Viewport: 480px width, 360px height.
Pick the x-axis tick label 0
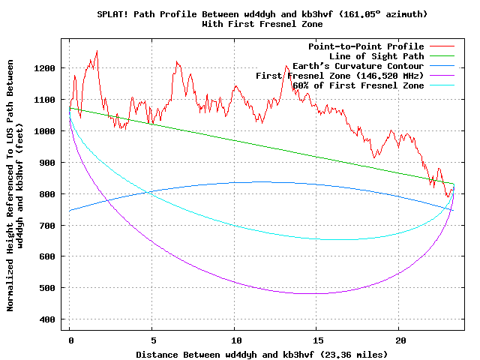(x=70, y=340)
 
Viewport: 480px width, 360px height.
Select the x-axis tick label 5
(x=152, y=340)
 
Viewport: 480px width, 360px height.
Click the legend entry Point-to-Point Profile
(x=366, y=46)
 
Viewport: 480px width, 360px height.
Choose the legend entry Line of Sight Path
(x=376, y=56)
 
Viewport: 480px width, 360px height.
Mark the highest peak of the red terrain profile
(x=97, y=51)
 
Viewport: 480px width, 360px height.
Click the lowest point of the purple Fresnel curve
(x=307, y=293)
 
